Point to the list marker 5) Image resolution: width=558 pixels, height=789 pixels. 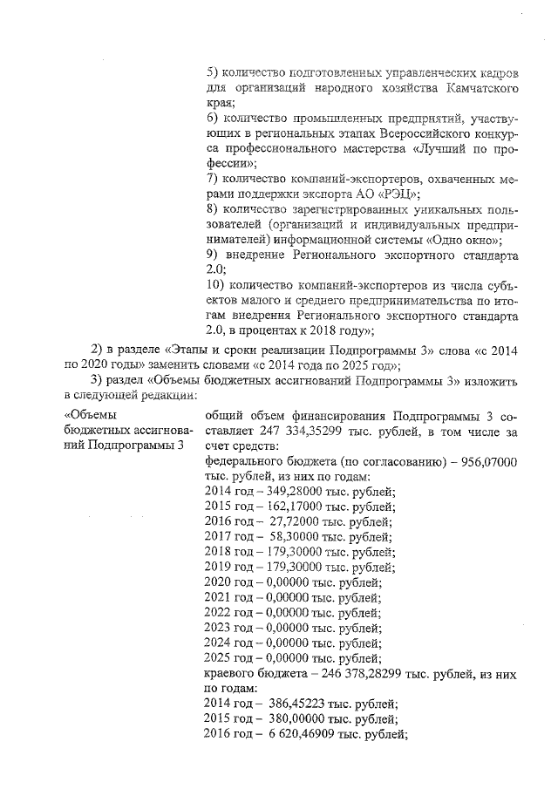(x=210, y=73)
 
